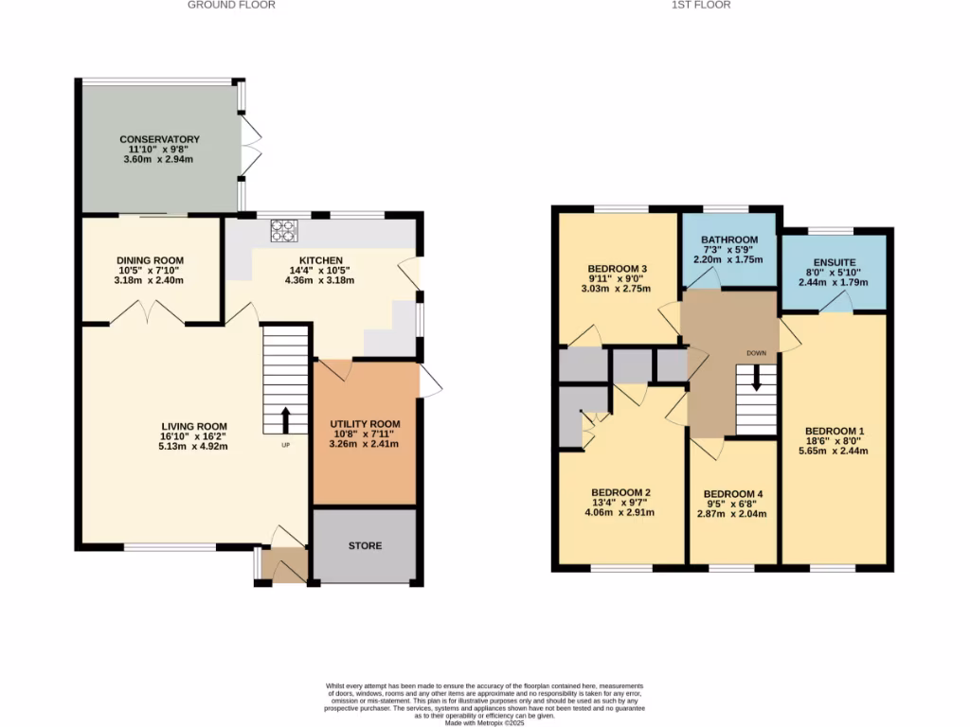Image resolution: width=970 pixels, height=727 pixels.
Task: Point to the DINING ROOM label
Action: click(150, 260)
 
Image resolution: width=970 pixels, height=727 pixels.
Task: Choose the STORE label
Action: click(365, 546)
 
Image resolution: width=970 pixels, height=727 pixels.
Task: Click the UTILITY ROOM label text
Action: click(365, 424)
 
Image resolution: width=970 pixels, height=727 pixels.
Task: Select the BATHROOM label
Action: click(729, 239)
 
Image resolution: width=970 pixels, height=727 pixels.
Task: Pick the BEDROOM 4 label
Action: click(733, 494)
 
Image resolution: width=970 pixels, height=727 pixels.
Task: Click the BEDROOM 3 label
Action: click(618, 268)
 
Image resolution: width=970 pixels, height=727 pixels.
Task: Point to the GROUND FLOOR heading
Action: click(231, 5)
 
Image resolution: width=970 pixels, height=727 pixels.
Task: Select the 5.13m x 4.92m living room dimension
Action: click(193, 446)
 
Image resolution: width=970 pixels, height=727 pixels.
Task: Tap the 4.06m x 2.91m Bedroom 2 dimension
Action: click(620, 512)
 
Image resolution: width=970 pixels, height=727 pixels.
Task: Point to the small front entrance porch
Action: click(284, 565)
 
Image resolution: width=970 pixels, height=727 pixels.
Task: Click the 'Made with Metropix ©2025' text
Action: click(484, 723)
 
